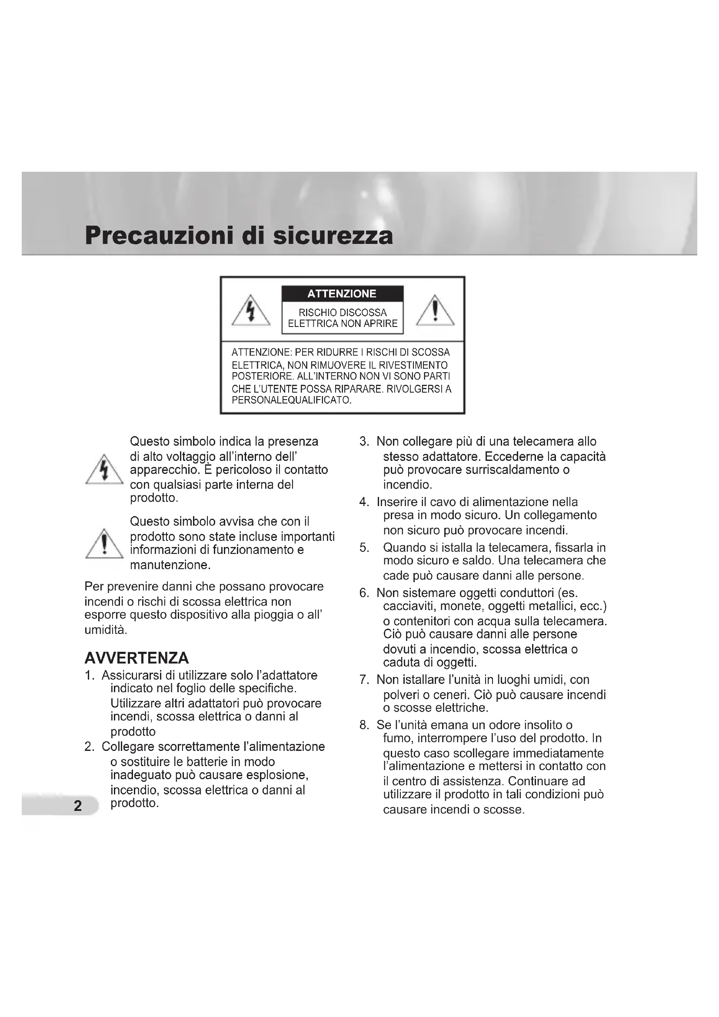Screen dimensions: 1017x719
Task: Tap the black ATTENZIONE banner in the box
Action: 342,293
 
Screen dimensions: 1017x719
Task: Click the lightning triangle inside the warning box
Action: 251,311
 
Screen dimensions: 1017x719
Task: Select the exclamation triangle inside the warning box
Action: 435,311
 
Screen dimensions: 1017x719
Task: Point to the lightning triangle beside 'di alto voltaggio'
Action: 104,470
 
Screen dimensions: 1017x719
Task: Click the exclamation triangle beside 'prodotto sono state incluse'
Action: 104,544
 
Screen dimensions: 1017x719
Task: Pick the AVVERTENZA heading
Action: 136,658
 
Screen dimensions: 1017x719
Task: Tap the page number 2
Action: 78,806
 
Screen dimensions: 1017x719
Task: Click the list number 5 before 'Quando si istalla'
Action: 364,548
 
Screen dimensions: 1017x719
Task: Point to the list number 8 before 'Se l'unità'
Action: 364,725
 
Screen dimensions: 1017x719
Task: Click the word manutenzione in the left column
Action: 170,565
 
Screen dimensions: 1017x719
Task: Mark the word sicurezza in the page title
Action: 333,236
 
